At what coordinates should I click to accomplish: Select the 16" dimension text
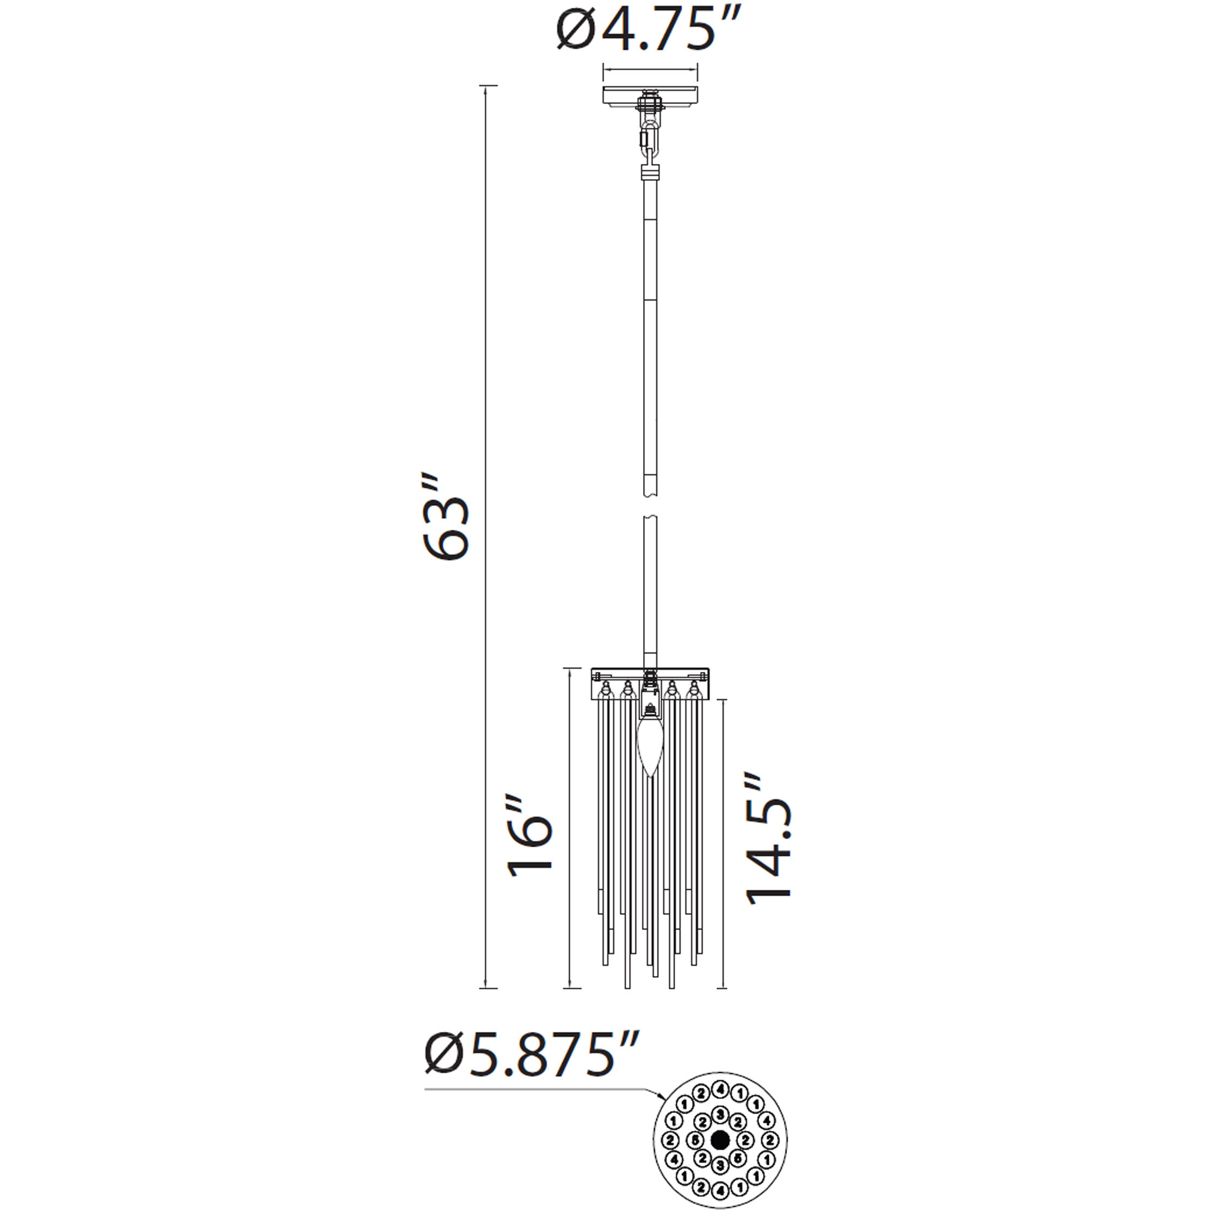coord(530,835)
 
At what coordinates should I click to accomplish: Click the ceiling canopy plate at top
coord(650,96)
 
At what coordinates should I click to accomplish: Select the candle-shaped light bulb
coord(650,750)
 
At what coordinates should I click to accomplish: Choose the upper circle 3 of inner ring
coord(720,1115)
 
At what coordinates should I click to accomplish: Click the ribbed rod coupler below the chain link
coord(650,173)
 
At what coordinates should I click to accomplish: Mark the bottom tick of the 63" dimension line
coord(488,988)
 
